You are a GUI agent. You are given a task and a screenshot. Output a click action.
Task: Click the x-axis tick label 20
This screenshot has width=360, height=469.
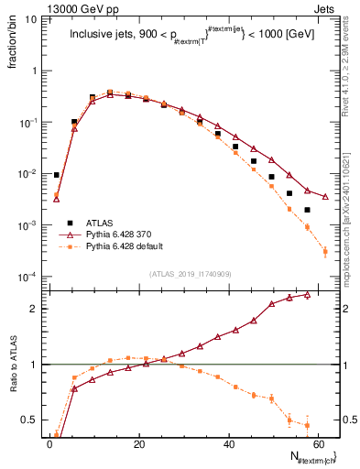coord(139,442)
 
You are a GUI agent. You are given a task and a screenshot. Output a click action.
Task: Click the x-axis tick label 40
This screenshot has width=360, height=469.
coord(229,442)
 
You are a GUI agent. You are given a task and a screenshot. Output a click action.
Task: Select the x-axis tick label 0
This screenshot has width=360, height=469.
coord(50,442)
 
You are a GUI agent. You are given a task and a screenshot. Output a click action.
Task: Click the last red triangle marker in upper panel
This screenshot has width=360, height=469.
coord(325,196)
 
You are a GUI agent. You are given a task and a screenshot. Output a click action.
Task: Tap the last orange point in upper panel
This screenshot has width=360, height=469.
coord(325,251)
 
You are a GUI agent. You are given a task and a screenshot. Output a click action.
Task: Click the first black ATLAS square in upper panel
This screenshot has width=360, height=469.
coord(57,175)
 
